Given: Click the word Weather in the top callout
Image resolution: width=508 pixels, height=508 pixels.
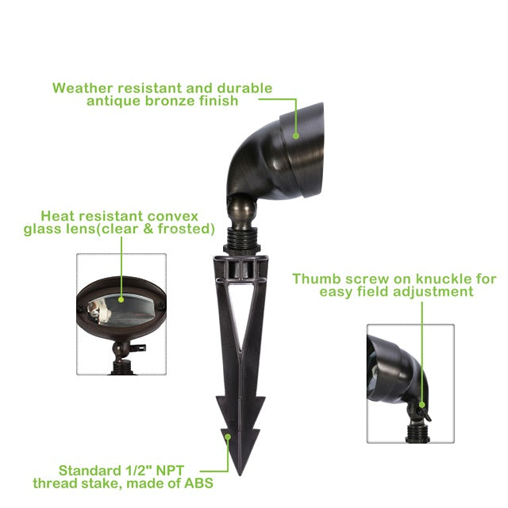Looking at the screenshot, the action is point(83,88).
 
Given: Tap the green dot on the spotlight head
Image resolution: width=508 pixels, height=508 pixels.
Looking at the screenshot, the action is point(296,136).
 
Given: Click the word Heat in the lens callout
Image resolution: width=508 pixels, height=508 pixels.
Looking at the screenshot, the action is point(58,216).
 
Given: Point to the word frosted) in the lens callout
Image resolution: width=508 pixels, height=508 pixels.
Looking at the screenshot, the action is point(187,229).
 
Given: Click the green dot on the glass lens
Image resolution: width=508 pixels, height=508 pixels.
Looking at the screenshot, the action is point(121,300).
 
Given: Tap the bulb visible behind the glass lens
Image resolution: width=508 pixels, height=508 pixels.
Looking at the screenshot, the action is point(98,312).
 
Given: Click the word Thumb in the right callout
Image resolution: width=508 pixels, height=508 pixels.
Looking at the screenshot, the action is point(315,279).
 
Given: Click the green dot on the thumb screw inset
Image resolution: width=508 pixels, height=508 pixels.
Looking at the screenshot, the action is point(421,405).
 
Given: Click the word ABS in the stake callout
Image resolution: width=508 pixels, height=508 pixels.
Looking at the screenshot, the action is point(198,483).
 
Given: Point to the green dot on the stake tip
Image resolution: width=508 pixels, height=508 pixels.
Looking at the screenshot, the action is point(228,437).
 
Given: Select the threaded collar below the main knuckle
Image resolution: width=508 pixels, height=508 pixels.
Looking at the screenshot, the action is point(241,240).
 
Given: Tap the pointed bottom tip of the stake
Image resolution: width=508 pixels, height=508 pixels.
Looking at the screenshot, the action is point(240,474).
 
